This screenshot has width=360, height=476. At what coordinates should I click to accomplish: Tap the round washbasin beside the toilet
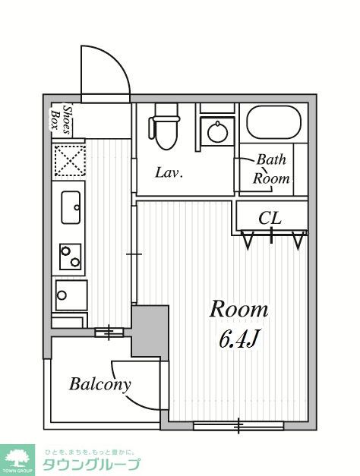(217, 132)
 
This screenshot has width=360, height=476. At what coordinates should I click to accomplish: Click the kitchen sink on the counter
(71, 207)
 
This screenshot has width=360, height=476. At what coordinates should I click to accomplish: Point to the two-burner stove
(71, 257)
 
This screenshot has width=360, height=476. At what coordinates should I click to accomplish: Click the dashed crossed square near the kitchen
(70, 160)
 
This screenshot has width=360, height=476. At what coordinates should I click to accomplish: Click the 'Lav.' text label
(169, 173)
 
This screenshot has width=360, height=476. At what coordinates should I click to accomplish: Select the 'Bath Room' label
(271, 169)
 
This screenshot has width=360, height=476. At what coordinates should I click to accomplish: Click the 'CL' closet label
(270, 218)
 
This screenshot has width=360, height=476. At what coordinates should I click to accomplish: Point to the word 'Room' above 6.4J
(238, 309)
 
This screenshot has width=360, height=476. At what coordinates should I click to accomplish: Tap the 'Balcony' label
(99, 384)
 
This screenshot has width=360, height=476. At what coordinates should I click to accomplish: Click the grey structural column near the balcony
(150, 332)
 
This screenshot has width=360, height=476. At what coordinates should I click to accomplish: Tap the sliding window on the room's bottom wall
(238, 426)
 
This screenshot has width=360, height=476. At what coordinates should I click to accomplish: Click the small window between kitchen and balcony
(109, 333)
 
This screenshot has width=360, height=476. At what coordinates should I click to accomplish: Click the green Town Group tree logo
(17, 460)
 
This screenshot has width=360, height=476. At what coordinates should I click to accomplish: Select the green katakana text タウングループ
(91, 464)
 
